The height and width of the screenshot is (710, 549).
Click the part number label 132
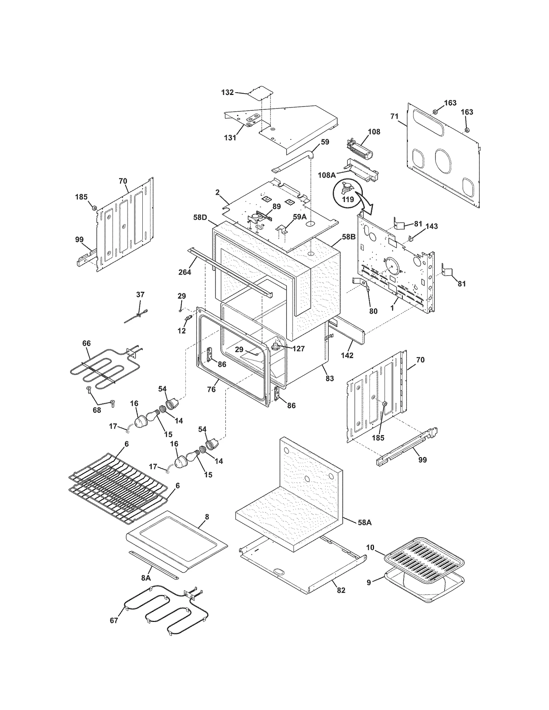(227, 92)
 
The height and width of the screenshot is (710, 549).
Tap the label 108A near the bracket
(327, 175)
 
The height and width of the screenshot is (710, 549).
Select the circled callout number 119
(348, 199)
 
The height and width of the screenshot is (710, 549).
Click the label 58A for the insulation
(364, 523)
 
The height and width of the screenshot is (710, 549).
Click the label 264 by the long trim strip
(185, 272)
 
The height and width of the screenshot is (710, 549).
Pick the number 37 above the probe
(140, 294)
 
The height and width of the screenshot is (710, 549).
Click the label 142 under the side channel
(347, 356)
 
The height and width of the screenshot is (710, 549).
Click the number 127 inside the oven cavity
(299, 349)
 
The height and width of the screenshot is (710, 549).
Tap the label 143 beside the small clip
(432, 226)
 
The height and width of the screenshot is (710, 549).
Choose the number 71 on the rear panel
(395, 117)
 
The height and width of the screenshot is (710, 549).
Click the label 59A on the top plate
(300, 217)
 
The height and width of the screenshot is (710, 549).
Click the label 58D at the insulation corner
(200, 217)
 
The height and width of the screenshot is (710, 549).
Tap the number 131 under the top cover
(230, 138)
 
